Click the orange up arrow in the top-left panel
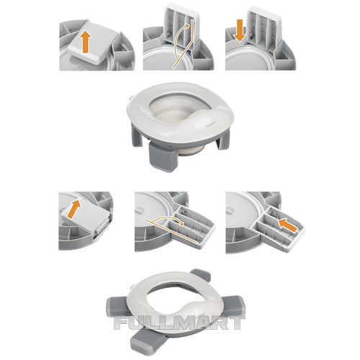[x=86, y=42]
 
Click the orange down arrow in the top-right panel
[x=240, y=31]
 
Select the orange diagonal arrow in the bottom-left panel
[x=74, y=210]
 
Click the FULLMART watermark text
[x=179, y=323]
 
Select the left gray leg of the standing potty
[x=136, y=136]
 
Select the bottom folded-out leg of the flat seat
[x=148, y=341]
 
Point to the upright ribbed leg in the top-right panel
[x=265, y=26]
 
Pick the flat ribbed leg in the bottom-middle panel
[x=192, y=225]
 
